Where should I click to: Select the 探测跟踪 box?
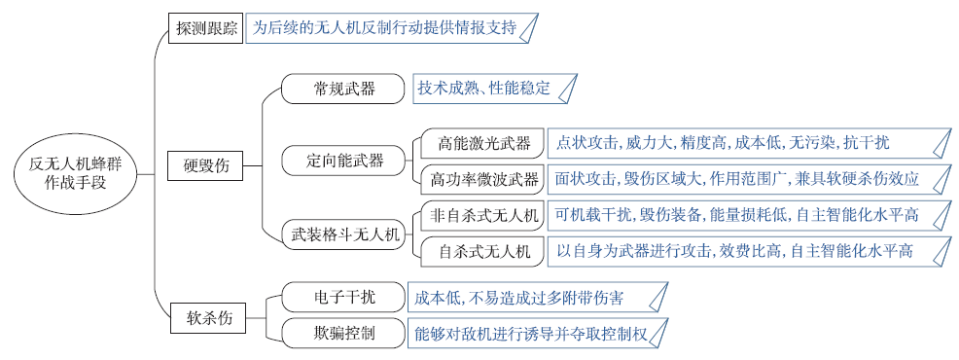[x=206, y=29]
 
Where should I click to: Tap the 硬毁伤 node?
[x=206, y=165]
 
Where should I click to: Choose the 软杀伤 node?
[x=206, y=316]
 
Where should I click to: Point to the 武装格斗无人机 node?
[x=345, y=234]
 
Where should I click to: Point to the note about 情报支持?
[x=390, y=28]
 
